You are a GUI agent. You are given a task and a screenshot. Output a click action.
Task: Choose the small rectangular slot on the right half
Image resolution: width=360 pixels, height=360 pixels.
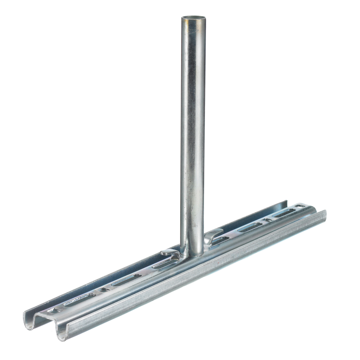[x=268, y=220]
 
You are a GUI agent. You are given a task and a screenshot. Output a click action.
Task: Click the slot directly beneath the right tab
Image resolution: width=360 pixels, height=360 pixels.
[x=219, y=240]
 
